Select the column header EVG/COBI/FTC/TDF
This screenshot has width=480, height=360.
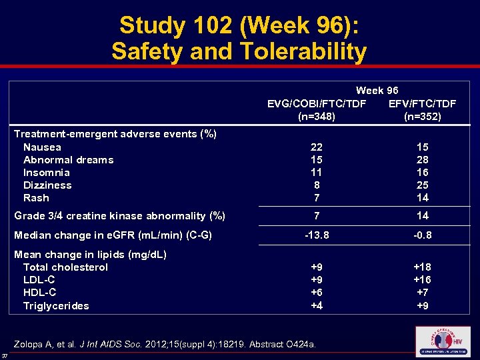(316, 103)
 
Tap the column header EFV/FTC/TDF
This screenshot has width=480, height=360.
(422, 103)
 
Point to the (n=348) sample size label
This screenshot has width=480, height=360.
(316, 116)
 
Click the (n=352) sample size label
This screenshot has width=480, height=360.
(422, 116)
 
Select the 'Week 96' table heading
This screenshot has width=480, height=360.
(377, 91)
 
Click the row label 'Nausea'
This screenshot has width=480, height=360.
(42, 147)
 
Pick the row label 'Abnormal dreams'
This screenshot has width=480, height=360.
(68, 160)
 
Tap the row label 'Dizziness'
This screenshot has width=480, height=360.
(47, 185)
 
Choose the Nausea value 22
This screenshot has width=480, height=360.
(317, 147)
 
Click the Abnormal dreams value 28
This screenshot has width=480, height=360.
(422, 160)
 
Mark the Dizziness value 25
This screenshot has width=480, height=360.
(422, 185)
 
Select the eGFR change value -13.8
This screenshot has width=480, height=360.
(317, 235)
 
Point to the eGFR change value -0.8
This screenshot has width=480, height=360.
(422, 235)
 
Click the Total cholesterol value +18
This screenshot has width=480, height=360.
(422, 267)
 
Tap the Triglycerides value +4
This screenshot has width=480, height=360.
(317, 306)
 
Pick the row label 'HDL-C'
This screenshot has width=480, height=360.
(39, 293)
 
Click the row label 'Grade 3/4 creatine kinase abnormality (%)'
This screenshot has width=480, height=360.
(119, 216)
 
